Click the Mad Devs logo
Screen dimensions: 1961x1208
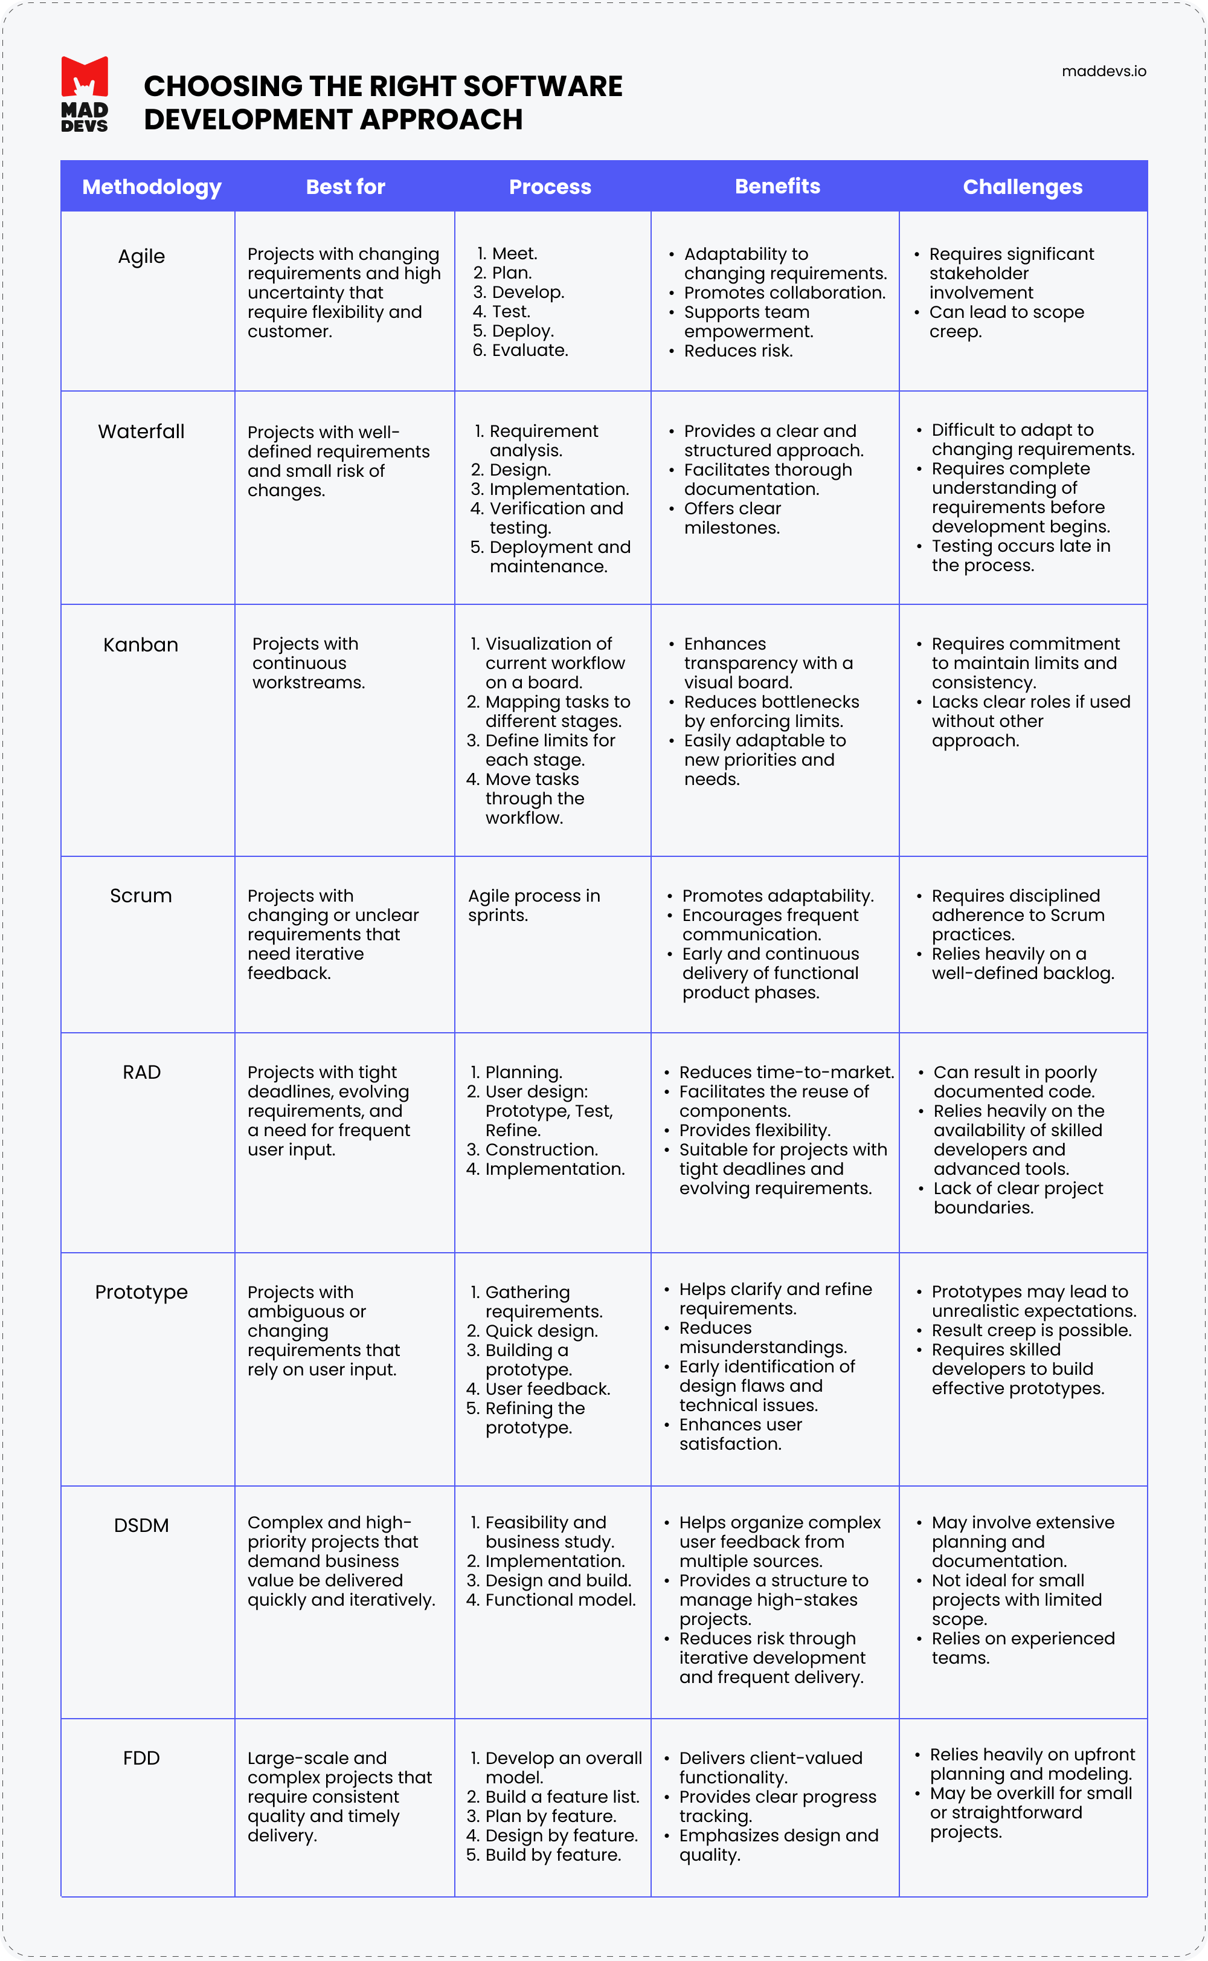click(85, 94)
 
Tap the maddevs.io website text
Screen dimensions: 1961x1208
click(1104, 71)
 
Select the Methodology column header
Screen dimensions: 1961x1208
click(152, 187)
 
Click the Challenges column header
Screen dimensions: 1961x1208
click(1022, 187)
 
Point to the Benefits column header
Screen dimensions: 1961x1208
click(777, 186)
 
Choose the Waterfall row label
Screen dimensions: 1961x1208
click(141, 431)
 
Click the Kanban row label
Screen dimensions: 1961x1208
click(141, 645)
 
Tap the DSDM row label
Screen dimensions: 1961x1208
click(141, 1525)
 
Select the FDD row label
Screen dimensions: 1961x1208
click(141, 1757)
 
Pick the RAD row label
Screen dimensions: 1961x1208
click(141, 1073)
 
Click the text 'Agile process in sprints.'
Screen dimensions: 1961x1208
click(534, 905)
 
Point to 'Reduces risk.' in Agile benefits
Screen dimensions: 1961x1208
click(738, 351)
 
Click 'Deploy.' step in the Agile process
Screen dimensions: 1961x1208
click(522, 331)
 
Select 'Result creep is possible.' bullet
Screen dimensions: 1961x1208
click(1032, 1331)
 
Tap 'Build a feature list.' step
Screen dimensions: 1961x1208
click(562, 1797)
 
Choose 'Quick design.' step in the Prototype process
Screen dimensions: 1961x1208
click(541, 1331)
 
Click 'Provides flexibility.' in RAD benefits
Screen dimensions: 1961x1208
click(754, 1130)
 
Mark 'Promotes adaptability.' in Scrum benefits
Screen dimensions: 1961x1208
click(777, 896)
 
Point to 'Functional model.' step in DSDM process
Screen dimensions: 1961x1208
click(560, 1600)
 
